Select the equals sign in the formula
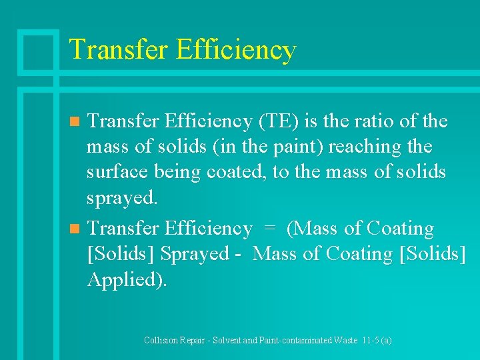pos(269,229)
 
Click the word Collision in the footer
pos(162,340)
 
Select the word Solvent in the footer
pos(231,340)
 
